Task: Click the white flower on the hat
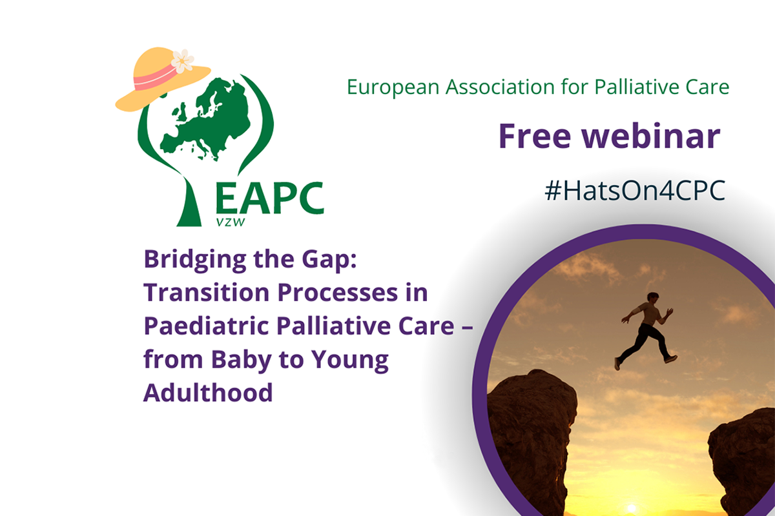point(182,61)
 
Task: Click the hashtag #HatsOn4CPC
point(635,192)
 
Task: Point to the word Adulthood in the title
point(208,392)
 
